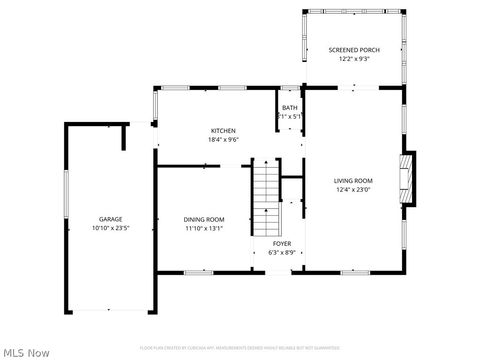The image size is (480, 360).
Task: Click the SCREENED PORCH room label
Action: [x=354, y=49]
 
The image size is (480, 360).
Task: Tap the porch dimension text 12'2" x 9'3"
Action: [x=354, y=58]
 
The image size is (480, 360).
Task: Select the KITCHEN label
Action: [x=222, y=131]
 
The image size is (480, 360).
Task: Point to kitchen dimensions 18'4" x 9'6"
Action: [x=222, y=140]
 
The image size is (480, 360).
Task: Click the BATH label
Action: [x=289, y=108]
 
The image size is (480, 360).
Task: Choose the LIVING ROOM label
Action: [x=353, y=181]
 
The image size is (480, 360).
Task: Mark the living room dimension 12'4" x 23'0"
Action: [x=353, y=190]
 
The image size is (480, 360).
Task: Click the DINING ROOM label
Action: [x=203, y=219]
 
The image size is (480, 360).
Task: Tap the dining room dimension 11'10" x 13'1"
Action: [x=203, y=228]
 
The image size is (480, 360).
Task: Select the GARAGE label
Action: [x=110, y=219]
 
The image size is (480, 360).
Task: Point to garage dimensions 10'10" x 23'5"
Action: [x=110, y=228]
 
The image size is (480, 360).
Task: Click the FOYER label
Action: [x=282, y=243]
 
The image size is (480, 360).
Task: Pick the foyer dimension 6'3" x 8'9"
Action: [x=282, y=252]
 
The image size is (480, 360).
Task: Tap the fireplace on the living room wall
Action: [x=407, y=179]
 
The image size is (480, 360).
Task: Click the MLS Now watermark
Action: [x=26, y=352]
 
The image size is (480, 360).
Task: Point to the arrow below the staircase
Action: [x=266, y=212]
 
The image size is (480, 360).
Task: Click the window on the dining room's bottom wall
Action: [x=198, y=272]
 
